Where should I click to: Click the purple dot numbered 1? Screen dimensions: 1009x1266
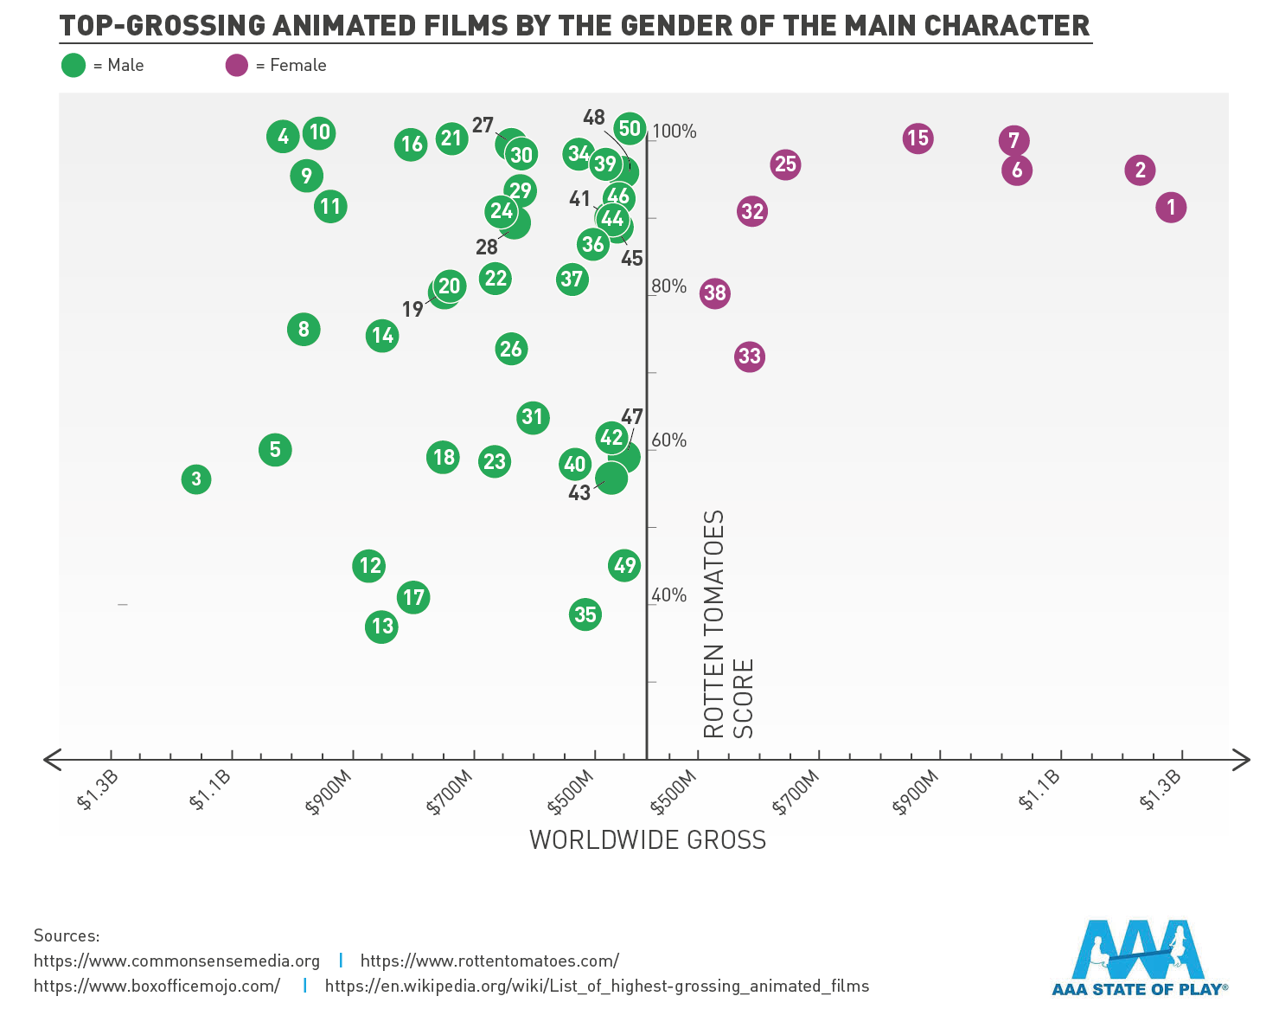1171,208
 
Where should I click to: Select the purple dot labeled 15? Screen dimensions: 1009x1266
918,138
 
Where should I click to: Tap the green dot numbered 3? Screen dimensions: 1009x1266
196,479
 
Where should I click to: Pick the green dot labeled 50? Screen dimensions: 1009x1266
630,129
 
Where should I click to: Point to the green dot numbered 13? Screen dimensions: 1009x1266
381,627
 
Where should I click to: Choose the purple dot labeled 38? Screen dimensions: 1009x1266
714,293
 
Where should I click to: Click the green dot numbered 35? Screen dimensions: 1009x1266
585,614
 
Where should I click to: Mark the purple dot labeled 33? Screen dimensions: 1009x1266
750,357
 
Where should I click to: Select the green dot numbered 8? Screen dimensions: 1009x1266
304,329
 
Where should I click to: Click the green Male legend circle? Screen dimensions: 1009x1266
74,65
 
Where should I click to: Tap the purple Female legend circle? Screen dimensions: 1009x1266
237,65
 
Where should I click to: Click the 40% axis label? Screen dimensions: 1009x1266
668,595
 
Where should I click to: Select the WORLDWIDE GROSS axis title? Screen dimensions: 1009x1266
648,840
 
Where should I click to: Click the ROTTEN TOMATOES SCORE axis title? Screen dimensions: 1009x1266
727,623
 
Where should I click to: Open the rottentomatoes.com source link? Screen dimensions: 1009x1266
489,961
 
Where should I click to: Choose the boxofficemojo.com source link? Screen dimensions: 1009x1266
157,986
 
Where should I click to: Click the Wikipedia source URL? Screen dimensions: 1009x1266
597,986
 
